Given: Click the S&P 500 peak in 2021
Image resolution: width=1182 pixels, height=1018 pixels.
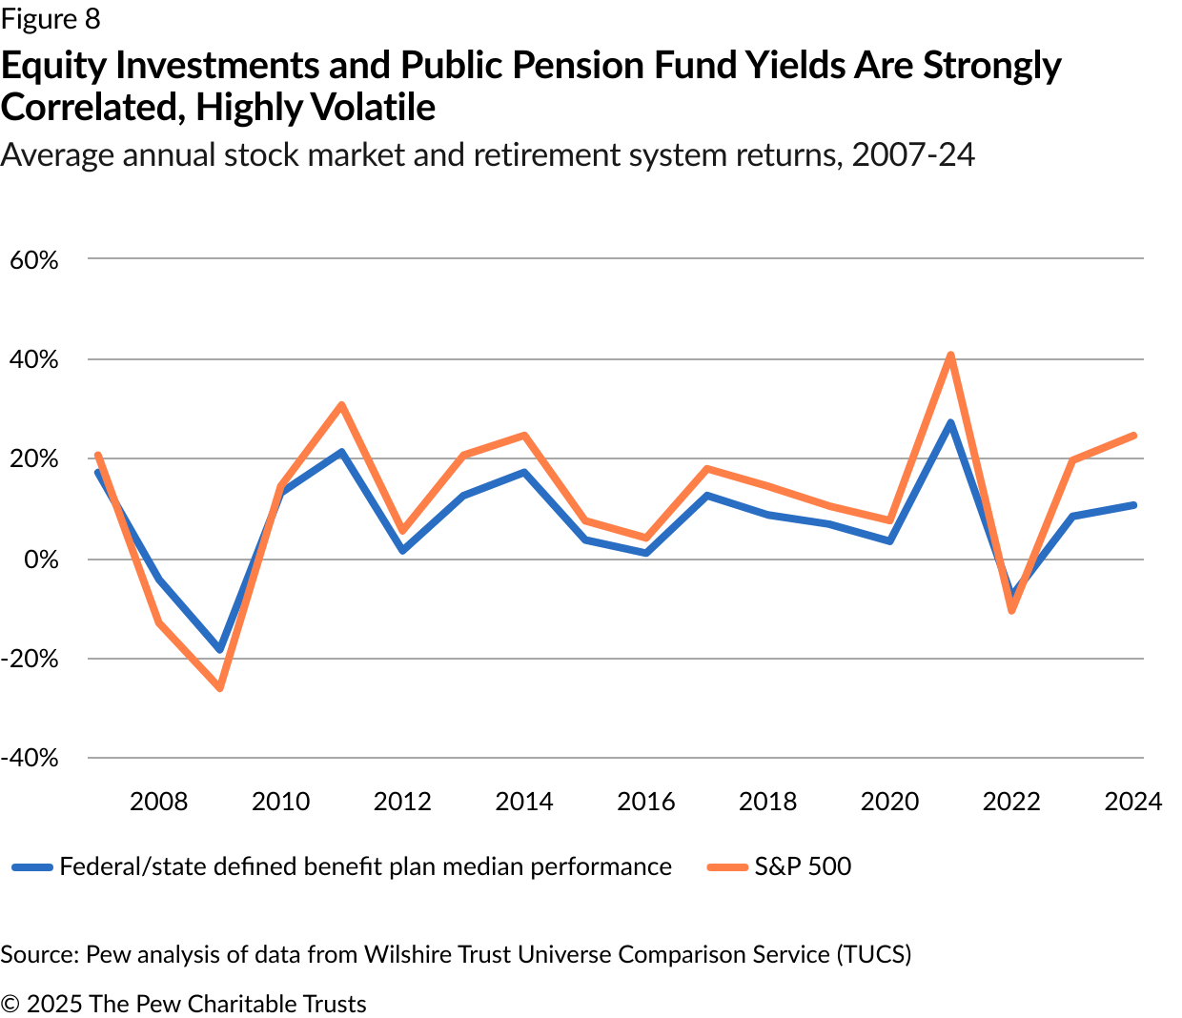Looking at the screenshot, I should coord(950,356).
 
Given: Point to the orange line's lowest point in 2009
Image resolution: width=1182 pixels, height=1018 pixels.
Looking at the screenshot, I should coord(220,687).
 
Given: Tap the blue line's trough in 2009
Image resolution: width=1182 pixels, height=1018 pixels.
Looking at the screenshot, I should coord(220,649).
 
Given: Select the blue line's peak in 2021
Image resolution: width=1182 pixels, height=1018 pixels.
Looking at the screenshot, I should coord(950,423).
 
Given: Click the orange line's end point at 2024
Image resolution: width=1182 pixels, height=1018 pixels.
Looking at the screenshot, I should coord(1133,436).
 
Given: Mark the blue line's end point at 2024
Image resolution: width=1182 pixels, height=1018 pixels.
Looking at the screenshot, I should coord(1133,505).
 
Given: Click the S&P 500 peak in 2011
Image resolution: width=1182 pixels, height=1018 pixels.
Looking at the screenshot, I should coord(341,405).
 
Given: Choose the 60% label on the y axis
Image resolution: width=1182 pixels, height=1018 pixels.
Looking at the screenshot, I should coord(34,260).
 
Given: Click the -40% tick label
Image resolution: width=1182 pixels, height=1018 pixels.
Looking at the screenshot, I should coord(31,759).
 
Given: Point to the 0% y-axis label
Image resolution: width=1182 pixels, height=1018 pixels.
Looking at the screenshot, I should coord(41,560).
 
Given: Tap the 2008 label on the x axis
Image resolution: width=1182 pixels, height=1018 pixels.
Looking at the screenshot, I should coord(158,802).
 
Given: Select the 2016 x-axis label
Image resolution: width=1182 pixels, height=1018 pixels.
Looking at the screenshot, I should coord(645,802).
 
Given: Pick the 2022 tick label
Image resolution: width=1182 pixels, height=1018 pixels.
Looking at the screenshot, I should coord(1011,802).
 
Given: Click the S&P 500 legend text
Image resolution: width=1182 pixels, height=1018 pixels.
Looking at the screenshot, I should coord(803,866).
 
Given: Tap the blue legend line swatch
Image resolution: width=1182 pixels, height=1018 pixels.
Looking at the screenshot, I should coord(32,867).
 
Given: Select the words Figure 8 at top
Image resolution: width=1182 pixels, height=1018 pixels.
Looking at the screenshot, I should coord(51,19).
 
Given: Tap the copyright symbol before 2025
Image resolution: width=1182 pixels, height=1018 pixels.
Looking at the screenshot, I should coord(10,1005).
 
